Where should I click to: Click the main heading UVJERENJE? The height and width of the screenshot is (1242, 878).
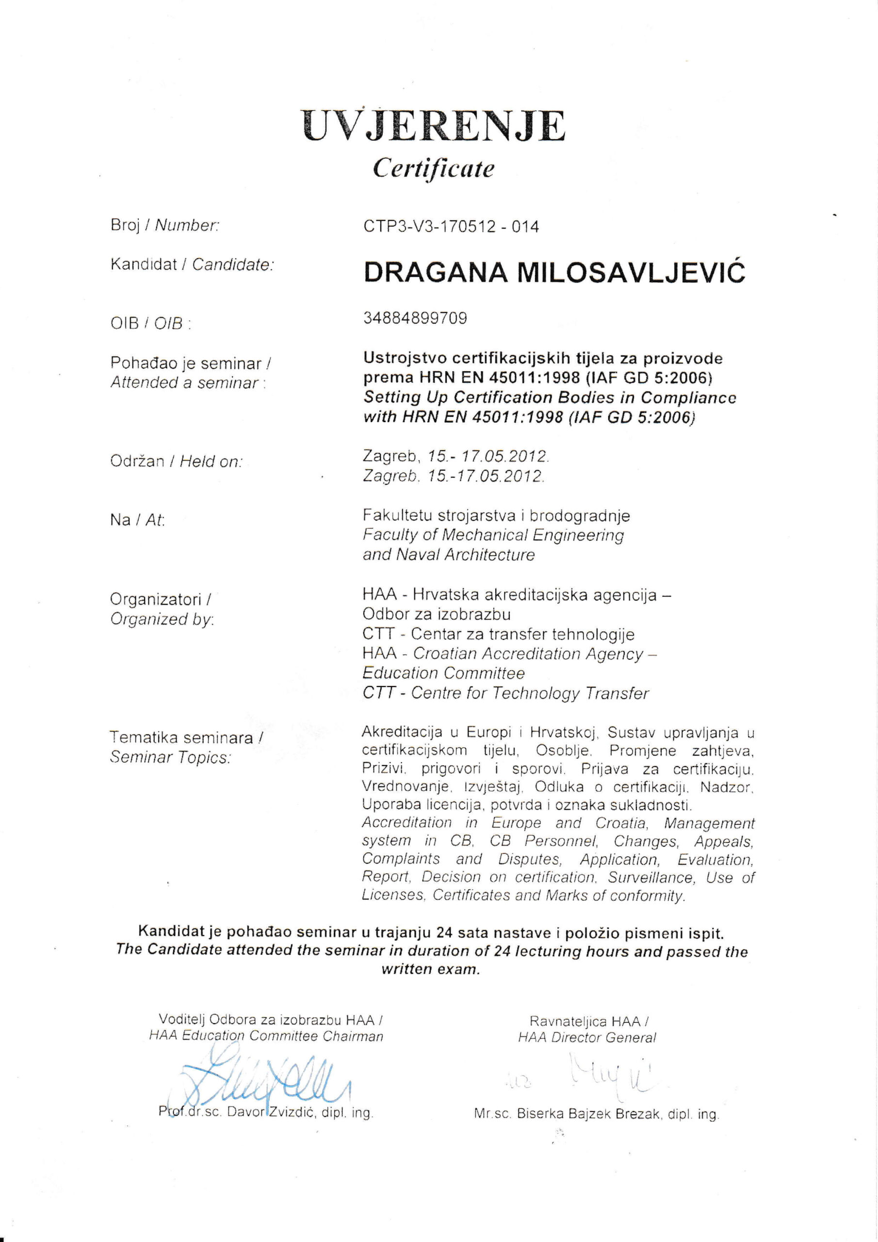(x=433, y=126)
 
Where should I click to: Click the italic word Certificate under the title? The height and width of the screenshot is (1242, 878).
(x=433, y=168)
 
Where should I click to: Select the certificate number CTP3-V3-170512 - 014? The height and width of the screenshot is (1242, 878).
(x=451, y=226)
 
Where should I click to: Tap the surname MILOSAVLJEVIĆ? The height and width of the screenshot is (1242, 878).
(x=631, y=272)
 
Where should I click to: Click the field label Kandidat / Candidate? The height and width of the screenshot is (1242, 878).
(x=192, y=264)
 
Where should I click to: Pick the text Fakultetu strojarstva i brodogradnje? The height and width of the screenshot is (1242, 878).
(x=496, y=516)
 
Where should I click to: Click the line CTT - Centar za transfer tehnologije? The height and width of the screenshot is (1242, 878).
(x=498, y=634)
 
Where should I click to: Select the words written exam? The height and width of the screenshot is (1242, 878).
(x=431, y=969)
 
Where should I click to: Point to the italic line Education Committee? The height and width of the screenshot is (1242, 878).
(x=443, y=673)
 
